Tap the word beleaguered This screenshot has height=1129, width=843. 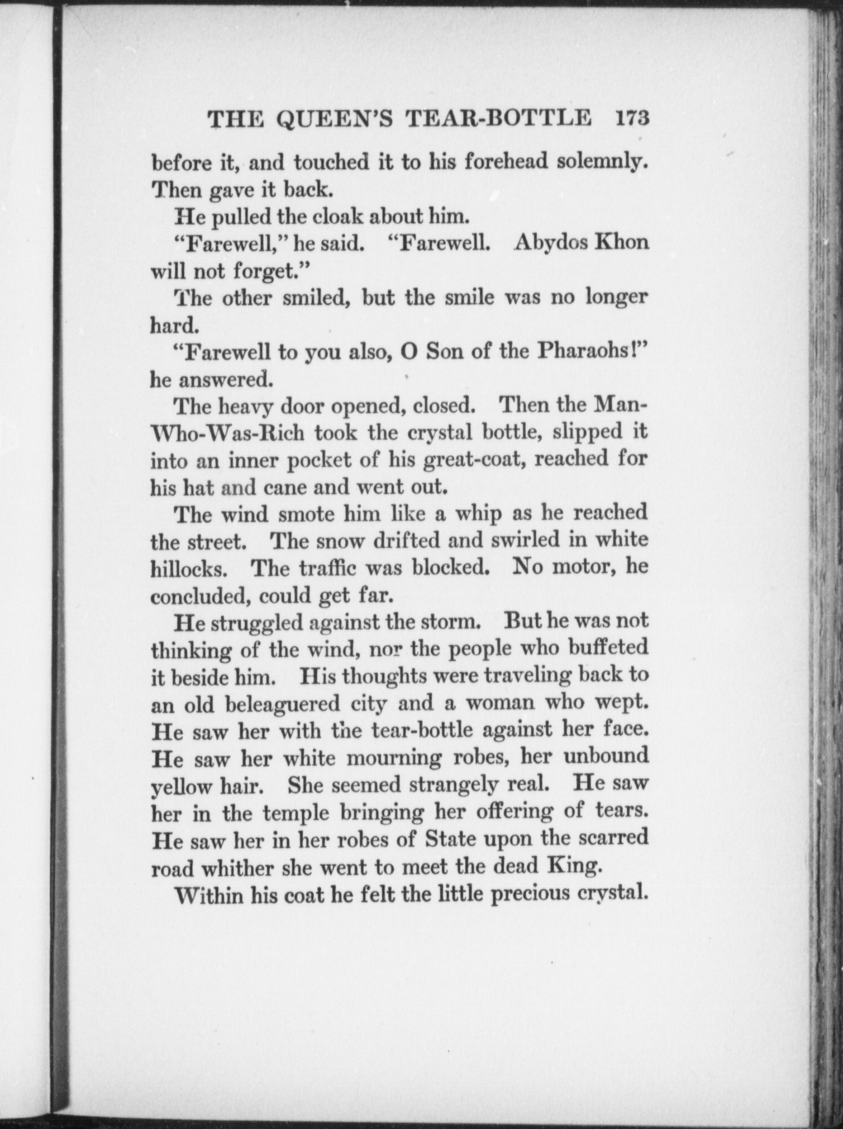click(x=282, y=704)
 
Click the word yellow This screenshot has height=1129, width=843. click(x=177, y=787)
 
